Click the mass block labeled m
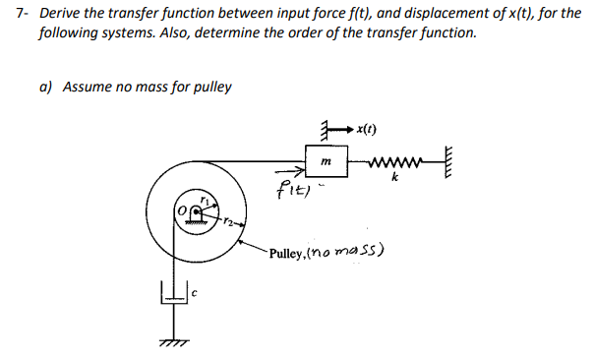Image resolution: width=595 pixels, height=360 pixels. pos(326,159)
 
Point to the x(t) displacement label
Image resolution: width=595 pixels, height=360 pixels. pos(369,129)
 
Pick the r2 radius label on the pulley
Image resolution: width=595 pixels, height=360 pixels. pos(225,219)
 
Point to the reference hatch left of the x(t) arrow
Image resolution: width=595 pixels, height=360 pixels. pos(322,128)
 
